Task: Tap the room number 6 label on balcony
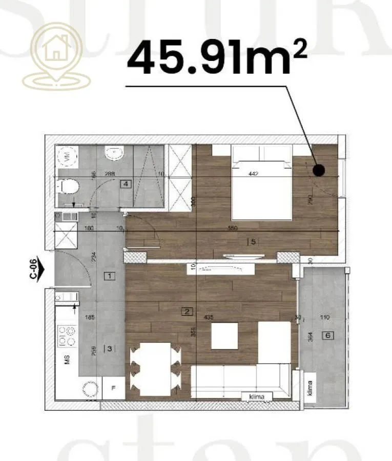point(326,336)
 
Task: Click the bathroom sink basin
point(112,153)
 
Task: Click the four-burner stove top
point(66,336)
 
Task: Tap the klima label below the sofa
point(258,396)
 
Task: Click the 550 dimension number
point(238,228)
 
